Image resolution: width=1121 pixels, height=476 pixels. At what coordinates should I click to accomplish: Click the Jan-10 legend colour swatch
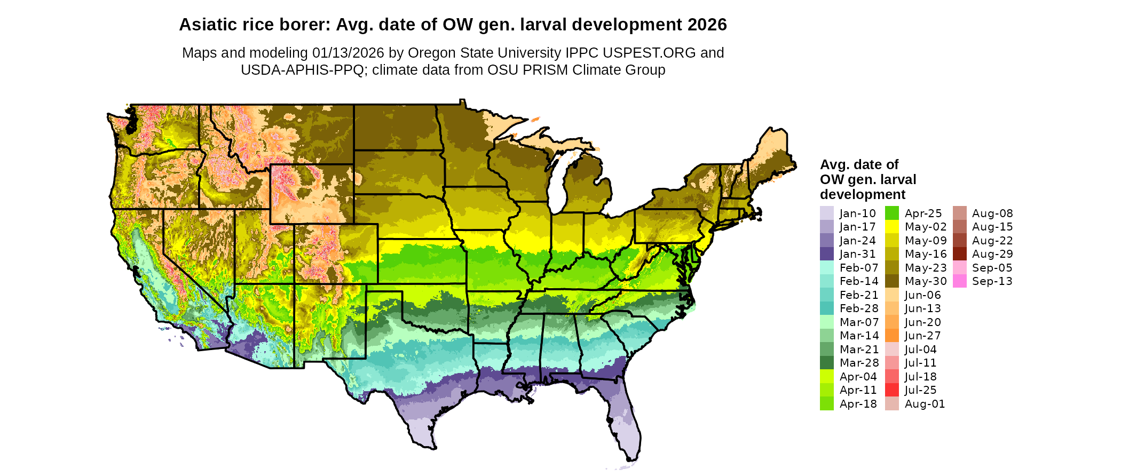826,213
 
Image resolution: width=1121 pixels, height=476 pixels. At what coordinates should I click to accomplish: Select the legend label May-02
926,227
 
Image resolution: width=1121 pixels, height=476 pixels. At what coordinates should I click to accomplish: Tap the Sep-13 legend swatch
959,281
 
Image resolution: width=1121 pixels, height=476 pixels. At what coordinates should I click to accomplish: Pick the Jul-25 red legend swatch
892,390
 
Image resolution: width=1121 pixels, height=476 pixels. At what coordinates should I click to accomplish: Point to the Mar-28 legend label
859,363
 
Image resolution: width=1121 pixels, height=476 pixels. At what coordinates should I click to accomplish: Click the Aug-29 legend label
992,254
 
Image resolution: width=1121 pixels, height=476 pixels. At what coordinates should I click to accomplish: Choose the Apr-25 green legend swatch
892,213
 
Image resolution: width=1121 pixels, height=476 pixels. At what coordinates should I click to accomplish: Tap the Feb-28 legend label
859,308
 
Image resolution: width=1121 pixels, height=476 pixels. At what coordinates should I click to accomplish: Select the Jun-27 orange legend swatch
892,336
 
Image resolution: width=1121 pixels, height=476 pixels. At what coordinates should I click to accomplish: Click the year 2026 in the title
707,25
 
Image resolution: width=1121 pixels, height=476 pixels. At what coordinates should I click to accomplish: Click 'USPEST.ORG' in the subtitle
649,53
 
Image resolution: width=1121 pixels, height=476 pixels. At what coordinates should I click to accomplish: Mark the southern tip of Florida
632,458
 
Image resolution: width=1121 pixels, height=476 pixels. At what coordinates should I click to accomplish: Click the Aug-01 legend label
925,404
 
